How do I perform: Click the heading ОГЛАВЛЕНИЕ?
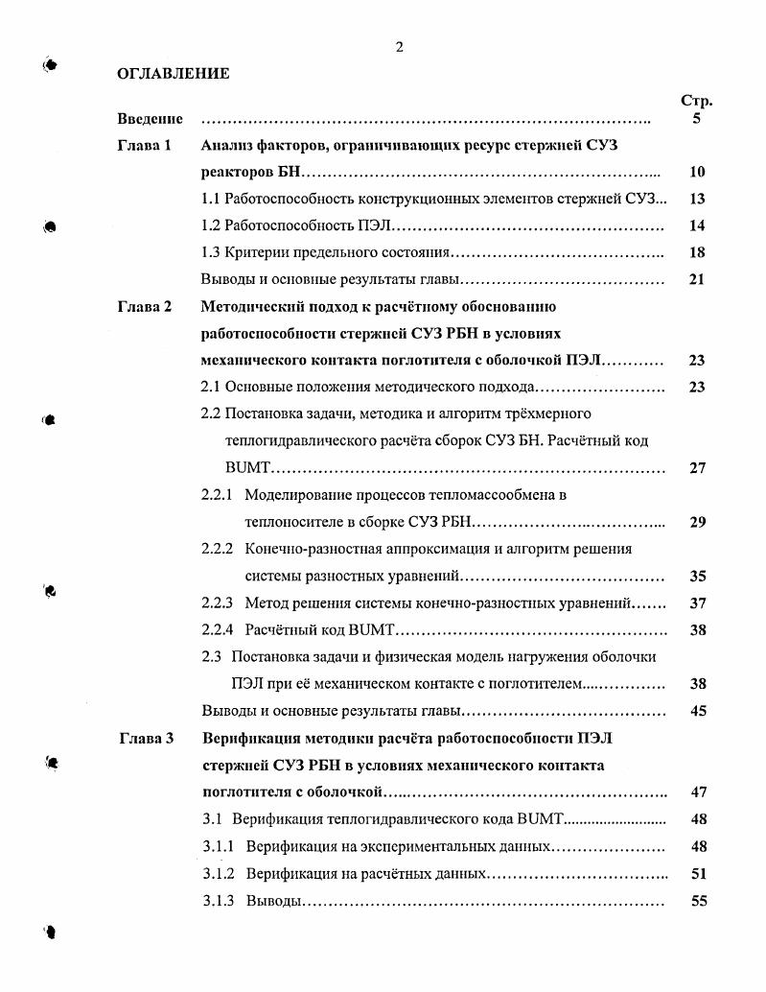(x=173, y=74)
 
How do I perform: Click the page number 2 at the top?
(x=399, y=48)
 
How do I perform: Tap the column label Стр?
(x=696, y=101)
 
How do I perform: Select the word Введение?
(x=151, y=120)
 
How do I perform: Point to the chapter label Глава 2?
(x=145, y=308)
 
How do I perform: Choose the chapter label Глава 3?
(x=146, y=739)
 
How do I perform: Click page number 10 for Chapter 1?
(x=697, y=174)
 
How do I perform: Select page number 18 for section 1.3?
(x=697, y=254)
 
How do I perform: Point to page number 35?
(x=697, y=578)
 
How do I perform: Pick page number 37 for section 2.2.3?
(x=697, y=604)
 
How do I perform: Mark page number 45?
(x=697, y=712)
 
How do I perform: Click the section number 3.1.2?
(x=219, y=875)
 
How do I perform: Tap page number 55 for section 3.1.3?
(x=697, y=902)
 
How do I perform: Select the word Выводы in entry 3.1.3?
(x=273, y=902)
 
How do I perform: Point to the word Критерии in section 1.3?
(x=257, y=254)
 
